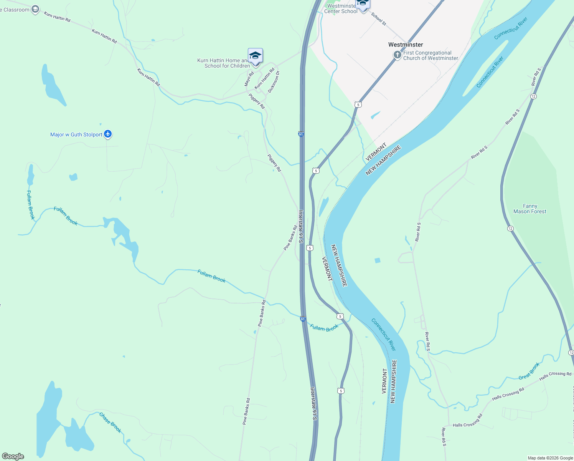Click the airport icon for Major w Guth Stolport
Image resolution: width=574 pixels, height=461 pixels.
pyautogui.click(x=108, y=134)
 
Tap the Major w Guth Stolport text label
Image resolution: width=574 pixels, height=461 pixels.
pyautogui.click(x=76, y=134)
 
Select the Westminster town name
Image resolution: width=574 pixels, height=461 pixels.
pyautogui.click(x=406, y=45)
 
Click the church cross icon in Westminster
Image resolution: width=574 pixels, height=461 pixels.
pyautogui.click(x=398, y=55)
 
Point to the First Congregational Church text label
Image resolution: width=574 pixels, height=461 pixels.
pyautogui.click(x=430, y=56)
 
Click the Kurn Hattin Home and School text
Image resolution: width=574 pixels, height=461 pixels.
pyautogui.click(x=224, y=63)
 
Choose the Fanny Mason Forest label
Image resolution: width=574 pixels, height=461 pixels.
pyautogui.click(x=529, y=209)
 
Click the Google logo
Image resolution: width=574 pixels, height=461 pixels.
pyautogui.click(x=13, y=456)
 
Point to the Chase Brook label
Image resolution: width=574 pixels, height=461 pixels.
pyautogui.click(x=111, y=422)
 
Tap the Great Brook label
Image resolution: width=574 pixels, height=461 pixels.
pyautogui.click(x=529, y=371)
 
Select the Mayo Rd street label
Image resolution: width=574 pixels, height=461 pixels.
pyautogui.click(x=249, y=78)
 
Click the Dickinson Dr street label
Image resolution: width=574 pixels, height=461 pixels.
pyautogui.click(x=274, y=81)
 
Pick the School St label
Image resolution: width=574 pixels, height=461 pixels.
pyautogui.click(x=379, y=19)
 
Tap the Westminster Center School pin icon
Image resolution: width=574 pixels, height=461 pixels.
pyautogui.click(x=362, y=4)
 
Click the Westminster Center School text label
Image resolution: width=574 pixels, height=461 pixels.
pyautogui.click(x=341, y=9)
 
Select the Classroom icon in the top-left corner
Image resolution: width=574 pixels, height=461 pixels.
pyautogui.click(x=35, y=10)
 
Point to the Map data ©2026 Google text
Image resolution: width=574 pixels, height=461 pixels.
pyautogui.click(x=550, y=458)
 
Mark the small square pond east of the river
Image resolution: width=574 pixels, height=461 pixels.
pyautogui.click(x=378, y=260)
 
